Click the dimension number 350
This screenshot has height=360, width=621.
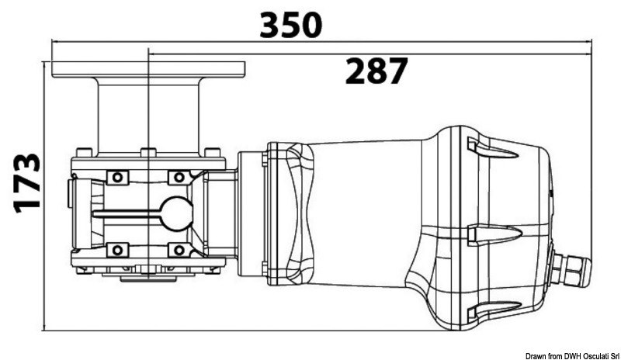(290, 25)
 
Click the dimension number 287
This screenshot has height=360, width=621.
(376, 71)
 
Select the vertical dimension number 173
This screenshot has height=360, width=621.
(27, 182)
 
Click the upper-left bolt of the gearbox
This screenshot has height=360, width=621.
(117, 178)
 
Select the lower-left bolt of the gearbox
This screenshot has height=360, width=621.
(117, 249)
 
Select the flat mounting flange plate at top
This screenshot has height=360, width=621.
(147, 69)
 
